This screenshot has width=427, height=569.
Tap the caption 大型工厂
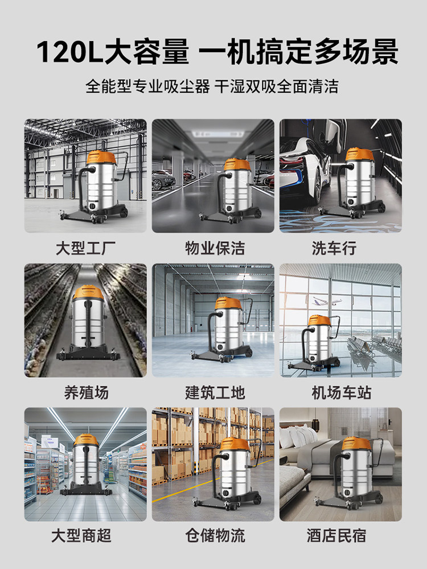85,249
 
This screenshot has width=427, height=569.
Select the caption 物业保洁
213,249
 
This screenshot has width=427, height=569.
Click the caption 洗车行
340,249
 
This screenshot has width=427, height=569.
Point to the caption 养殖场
85,393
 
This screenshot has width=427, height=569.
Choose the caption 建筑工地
213,393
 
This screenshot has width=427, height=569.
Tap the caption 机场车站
340,393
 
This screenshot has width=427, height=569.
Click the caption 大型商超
85,536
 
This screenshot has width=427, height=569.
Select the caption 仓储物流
213,536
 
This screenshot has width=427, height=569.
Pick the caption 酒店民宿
340,536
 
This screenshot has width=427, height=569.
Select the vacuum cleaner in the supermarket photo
85,467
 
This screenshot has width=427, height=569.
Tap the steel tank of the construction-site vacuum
228,330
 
